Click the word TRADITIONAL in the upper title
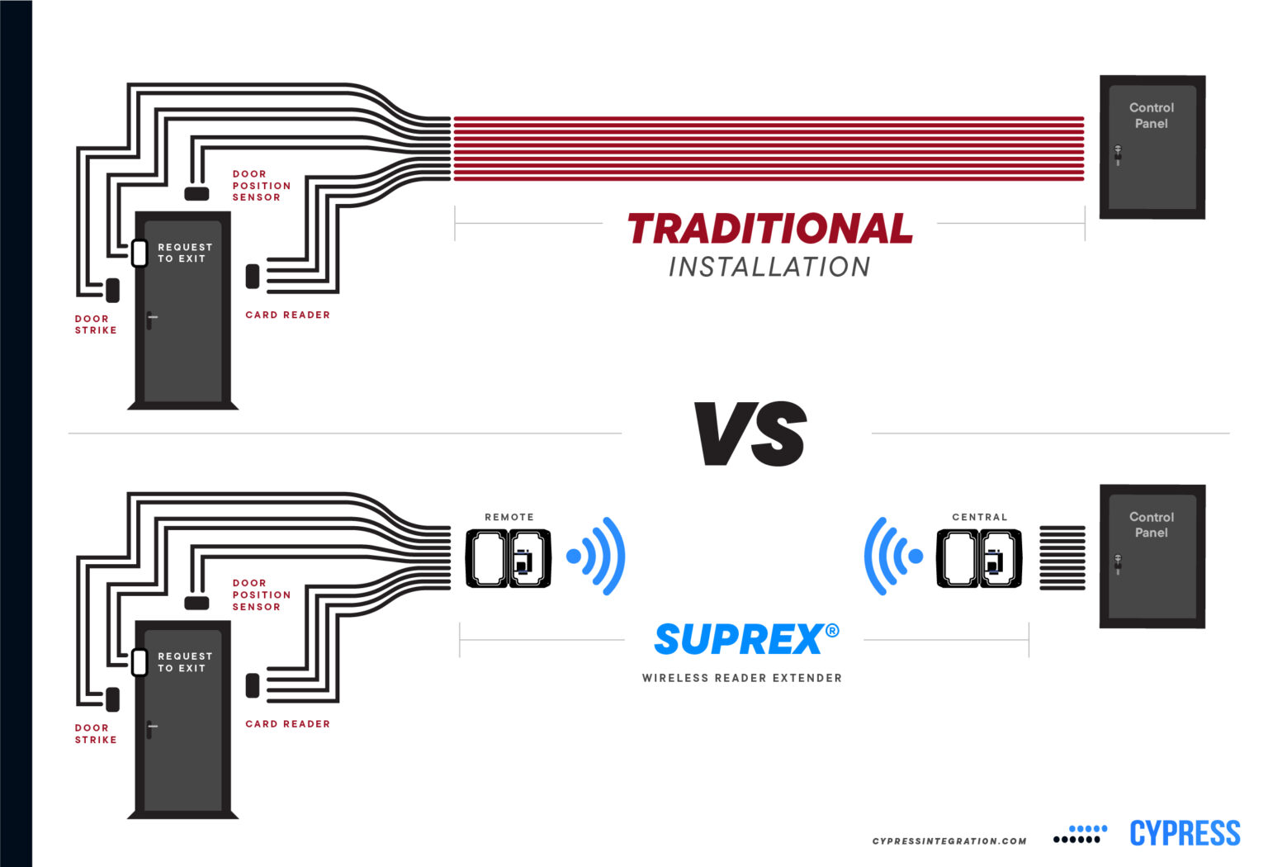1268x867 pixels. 769,229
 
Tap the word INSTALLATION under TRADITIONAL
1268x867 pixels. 769,267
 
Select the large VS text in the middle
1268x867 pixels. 750,434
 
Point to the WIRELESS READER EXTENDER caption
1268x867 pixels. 741,678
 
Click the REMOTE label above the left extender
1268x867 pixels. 509,517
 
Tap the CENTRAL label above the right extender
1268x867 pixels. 979,517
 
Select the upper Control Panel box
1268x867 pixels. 1152,148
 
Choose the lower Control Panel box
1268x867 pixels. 1152,557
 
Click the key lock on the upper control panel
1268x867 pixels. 1118,154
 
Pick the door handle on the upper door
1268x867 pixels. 150,319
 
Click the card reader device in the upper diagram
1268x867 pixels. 253,277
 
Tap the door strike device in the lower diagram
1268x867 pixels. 113,699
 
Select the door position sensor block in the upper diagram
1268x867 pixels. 196,193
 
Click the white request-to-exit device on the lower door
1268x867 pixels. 140,661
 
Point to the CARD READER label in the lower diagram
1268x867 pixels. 287,724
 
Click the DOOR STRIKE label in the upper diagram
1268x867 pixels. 96,325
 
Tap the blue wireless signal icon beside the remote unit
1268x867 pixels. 596,557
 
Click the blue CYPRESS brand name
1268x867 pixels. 1184,833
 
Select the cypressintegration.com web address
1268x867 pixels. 949,841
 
